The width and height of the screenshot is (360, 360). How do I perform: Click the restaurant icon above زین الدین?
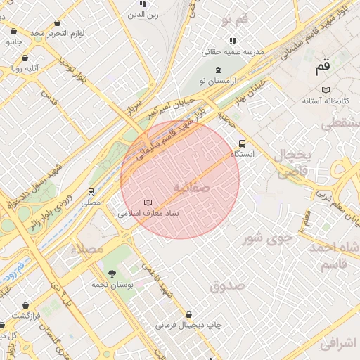143,4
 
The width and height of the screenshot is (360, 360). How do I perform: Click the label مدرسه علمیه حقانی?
232,51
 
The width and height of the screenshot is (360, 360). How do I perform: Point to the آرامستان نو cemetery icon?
219,70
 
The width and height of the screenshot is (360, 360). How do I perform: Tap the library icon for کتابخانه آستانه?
325,89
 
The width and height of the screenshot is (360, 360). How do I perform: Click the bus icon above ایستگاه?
243,141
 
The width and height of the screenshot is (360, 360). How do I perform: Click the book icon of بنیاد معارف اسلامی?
147,202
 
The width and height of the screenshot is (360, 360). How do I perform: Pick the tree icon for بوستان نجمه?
112,273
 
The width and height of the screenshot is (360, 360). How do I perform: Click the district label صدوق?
226,285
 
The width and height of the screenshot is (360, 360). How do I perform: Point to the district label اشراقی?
338,342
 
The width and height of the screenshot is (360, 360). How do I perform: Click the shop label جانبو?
14,42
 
